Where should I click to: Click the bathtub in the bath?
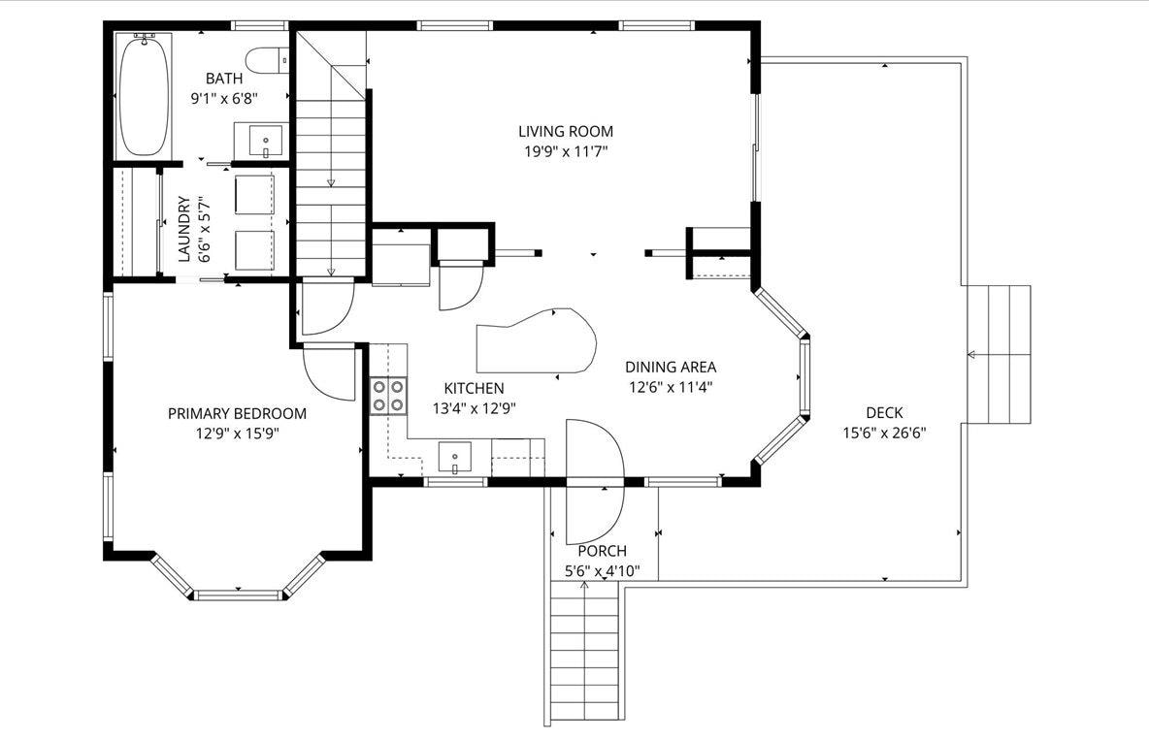click(143, 95)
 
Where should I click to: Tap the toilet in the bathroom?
click(268, 61)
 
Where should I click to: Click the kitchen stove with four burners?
click(389, 395)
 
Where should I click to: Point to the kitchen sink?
click(454, 456)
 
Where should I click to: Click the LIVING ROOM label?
click(565, 131)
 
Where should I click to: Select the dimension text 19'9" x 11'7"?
click(565, 150)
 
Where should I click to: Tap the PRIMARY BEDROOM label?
click(237, 413)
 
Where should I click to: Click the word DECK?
click(884, 413)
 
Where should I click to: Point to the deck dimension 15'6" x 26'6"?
click(884, 433)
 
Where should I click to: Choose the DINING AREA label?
click(671, 367)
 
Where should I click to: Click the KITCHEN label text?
click(474, 388)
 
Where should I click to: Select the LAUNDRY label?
click(183, 229)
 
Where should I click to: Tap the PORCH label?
click(603, 551)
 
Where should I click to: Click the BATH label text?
click(223, 78)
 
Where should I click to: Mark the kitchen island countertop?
click(537, 341)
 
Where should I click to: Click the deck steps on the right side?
click(997, 355)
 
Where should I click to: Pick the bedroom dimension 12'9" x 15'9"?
click(237, 433)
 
